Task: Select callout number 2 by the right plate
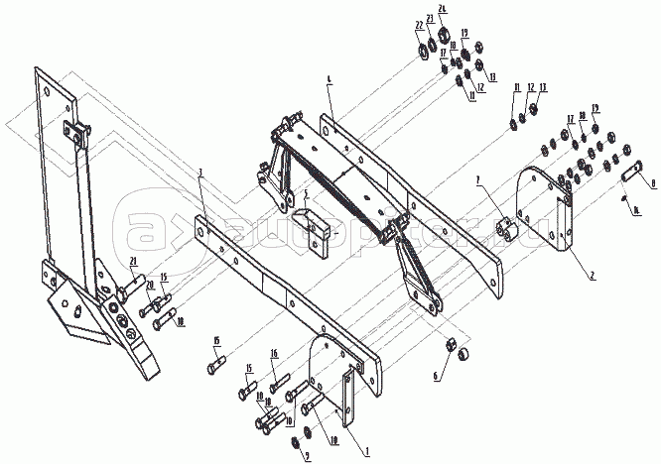click(x=594, y=249)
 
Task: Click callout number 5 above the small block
click(x=308, y=193)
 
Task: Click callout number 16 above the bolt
click(x=275, y=353)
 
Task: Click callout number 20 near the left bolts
click(x=149, y=285)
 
